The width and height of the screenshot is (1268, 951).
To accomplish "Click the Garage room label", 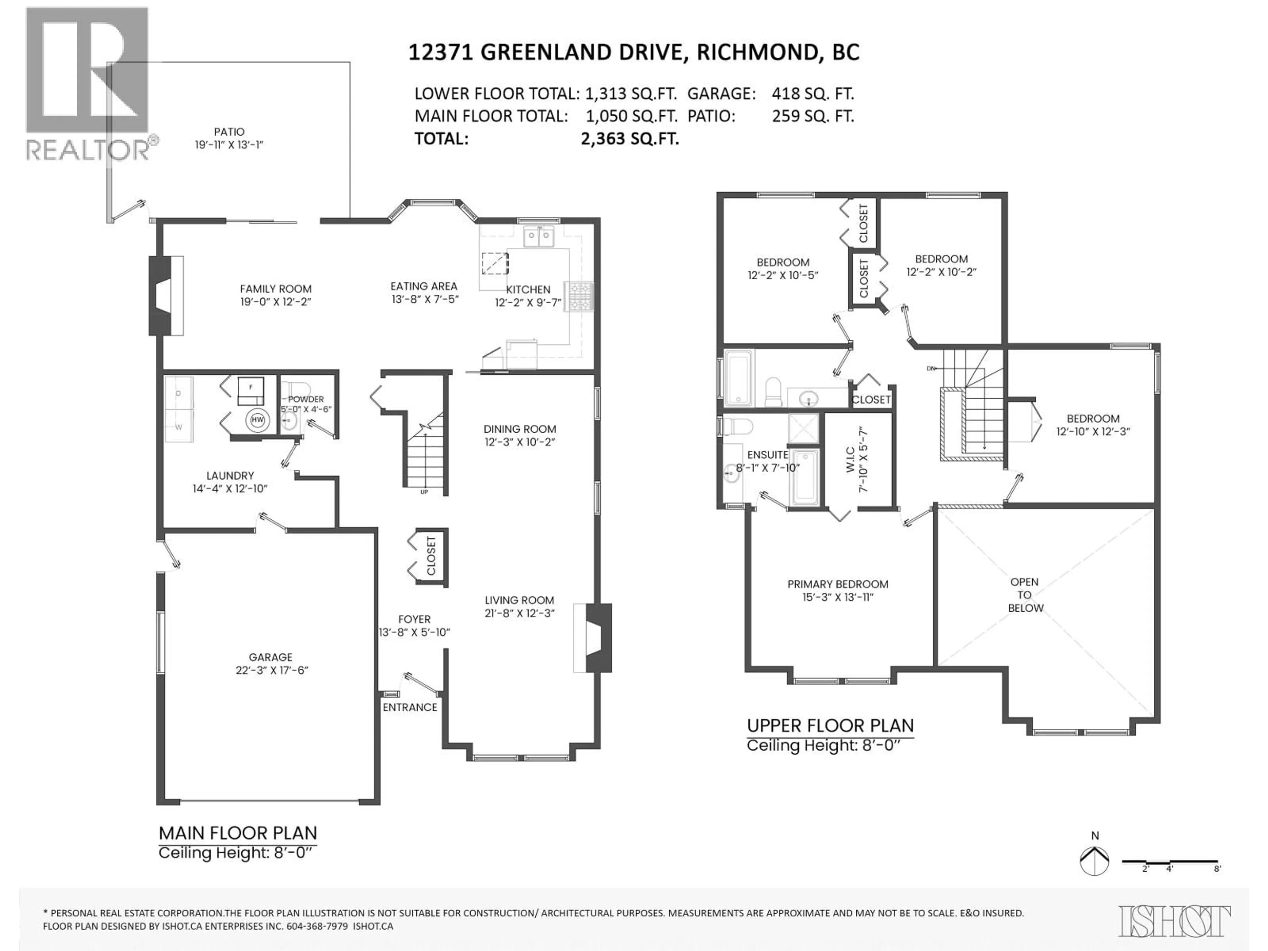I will coord(270,657).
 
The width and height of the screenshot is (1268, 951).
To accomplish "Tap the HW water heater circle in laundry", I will coord(257,420).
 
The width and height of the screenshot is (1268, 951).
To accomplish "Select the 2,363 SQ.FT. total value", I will coord(629,139).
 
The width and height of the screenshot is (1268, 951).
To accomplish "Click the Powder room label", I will coord(305,399).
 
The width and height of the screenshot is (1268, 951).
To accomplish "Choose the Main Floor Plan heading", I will coord(237,832).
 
